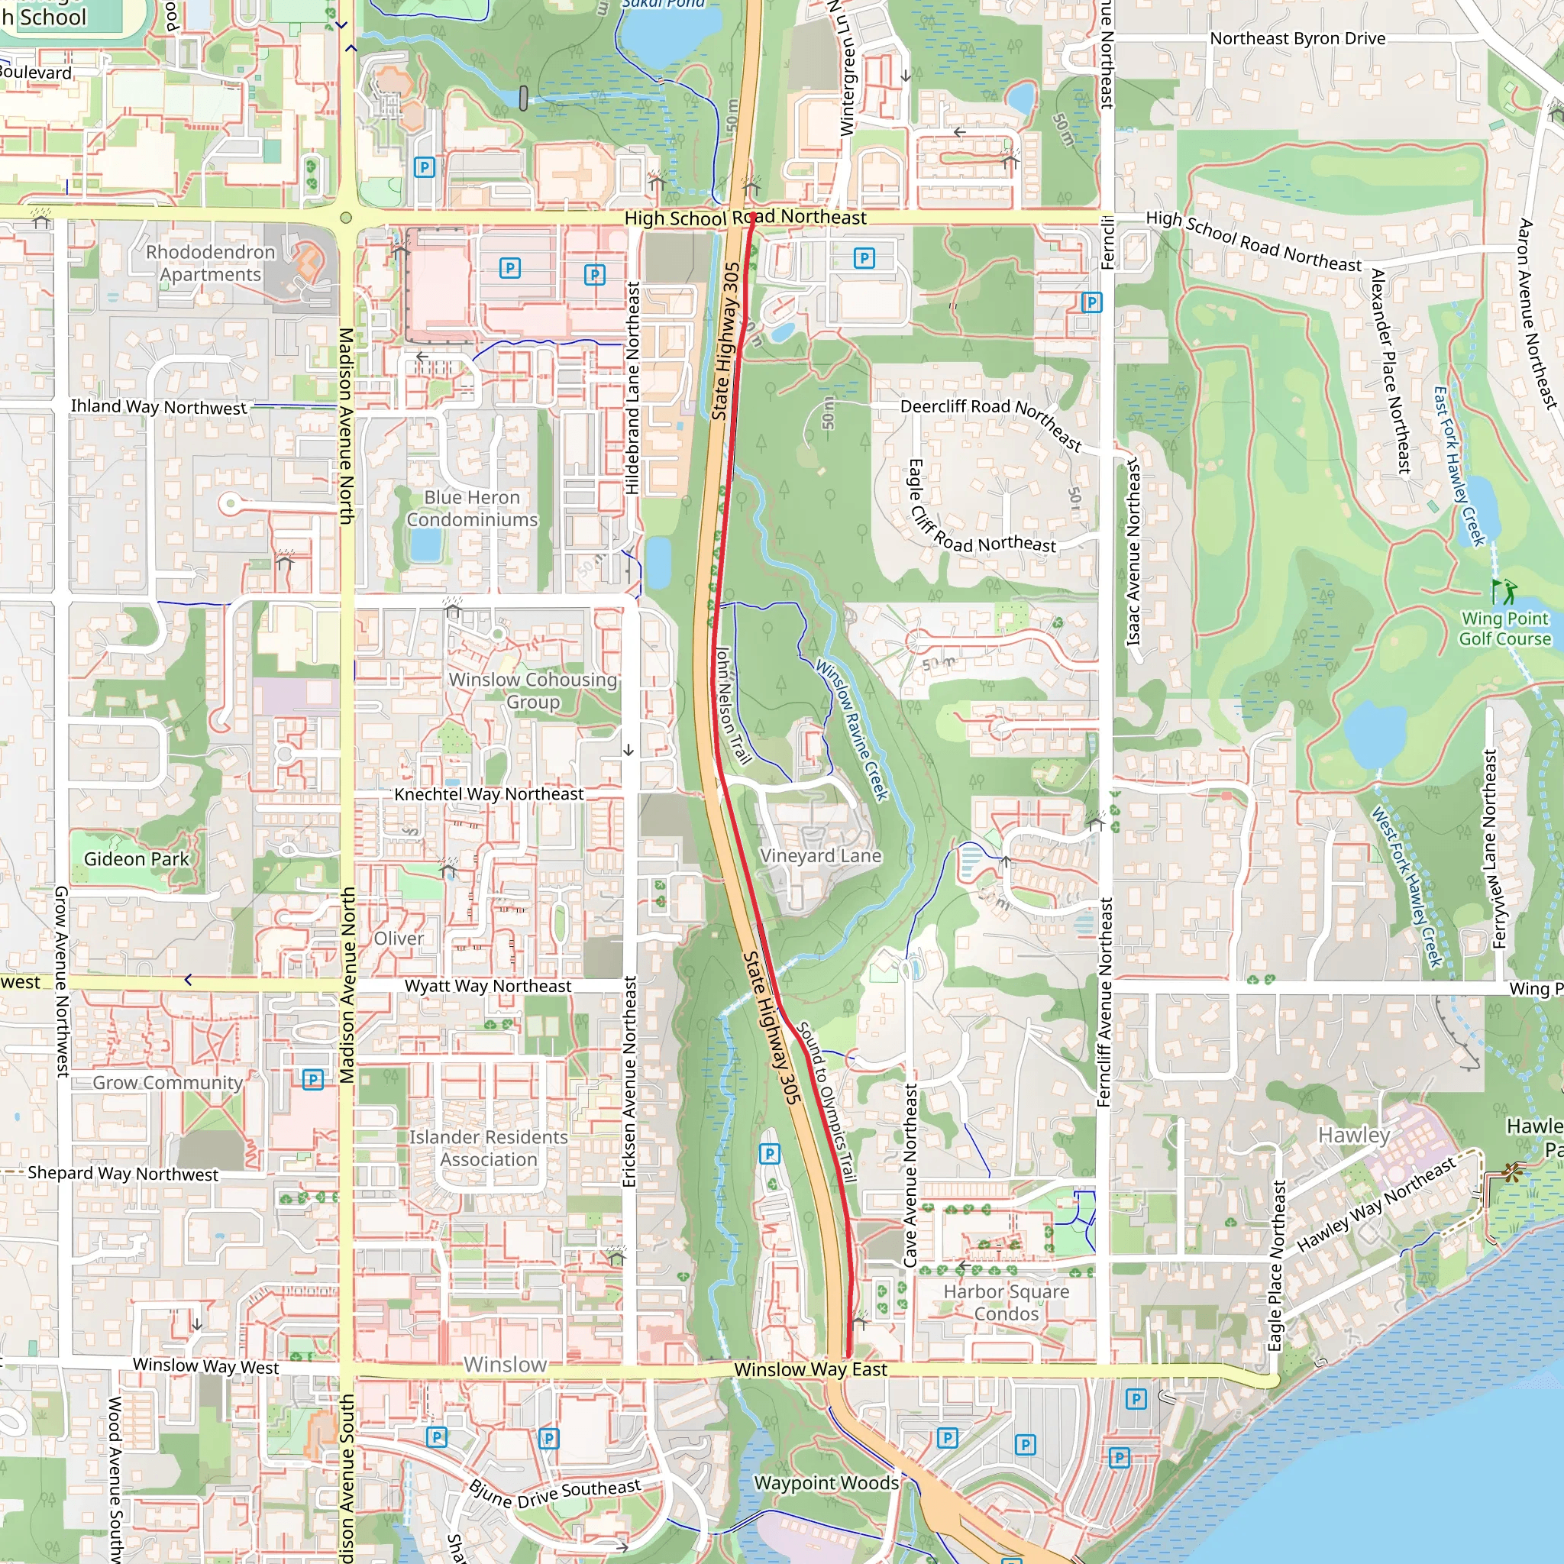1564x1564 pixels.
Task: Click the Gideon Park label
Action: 136,859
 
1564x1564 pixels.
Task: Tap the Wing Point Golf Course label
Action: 1504,629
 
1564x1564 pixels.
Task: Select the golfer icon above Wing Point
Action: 1504,591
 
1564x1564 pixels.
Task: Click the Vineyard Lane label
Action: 820,855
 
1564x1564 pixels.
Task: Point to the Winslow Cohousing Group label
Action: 533,690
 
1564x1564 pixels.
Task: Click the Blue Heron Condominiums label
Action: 472,509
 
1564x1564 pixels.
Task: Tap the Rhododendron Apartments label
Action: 211,263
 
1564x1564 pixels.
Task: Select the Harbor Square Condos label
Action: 1006,1302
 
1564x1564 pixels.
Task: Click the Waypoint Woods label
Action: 826,1483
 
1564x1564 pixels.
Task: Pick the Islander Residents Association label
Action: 488,1148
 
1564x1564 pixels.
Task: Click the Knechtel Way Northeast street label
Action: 488,794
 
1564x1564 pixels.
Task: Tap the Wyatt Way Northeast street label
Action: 487,986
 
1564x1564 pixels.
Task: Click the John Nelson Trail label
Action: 733,705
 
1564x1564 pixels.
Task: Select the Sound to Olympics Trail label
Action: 826,1103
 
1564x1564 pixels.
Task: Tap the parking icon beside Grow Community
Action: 312,1079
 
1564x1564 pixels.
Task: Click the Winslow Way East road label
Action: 810,1370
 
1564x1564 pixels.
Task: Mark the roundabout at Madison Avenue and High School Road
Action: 346,218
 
